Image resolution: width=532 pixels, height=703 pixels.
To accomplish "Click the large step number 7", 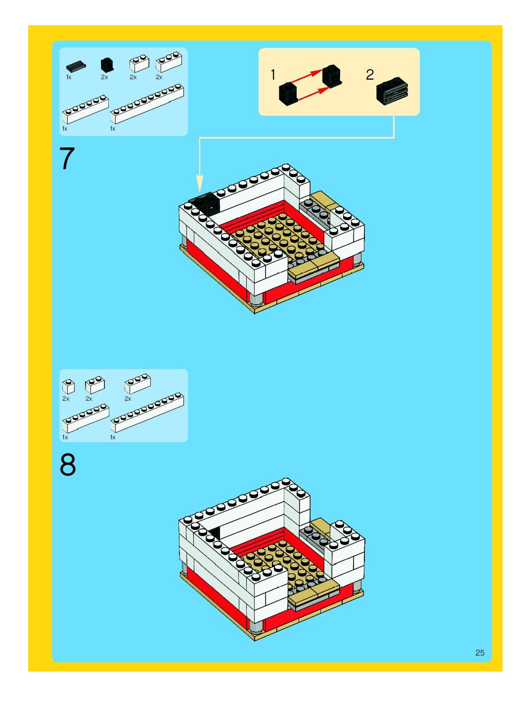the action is point(67,159).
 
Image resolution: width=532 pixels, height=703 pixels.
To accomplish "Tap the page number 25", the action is point(480,653).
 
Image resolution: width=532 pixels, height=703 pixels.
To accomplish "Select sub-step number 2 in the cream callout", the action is point(370,75).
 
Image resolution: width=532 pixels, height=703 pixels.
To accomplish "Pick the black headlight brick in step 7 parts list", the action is point(107,65).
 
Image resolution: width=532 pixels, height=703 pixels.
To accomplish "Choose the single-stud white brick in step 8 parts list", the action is point(68,386).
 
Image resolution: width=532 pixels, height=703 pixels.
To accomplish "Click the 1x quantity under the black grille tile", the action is point(69,77).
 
